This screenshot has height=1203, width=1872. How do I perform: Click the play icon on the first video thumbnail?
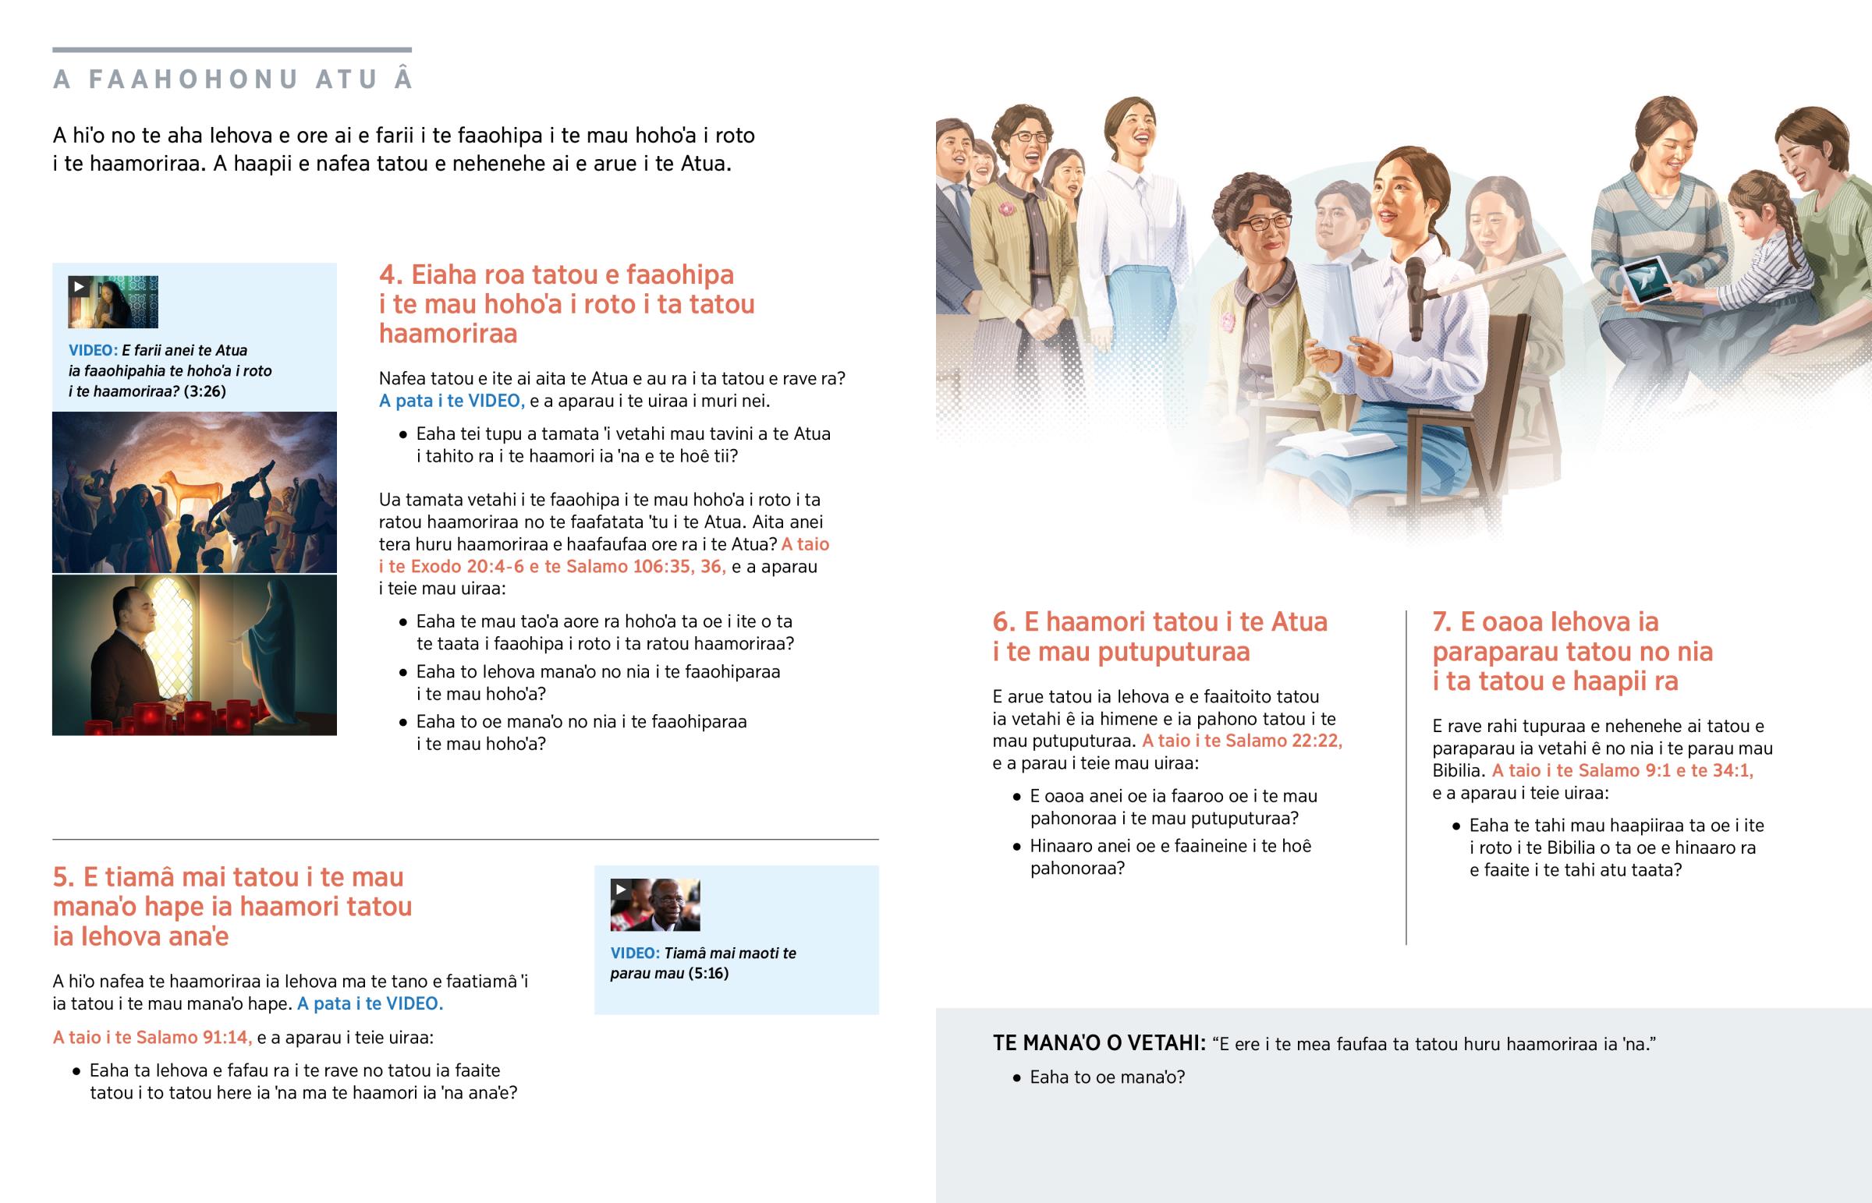pos(78,286)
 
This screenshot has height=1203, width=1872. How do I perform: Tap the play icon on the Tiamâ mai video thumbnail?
pos(620,889)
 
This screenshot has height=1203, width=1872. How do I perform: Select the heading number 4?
pos(390,275)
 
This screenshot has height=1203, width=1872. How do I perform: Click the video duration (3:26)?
pos(204,391)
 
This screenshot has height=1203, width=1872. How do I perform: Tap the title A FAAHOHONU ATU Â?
pos(232,79)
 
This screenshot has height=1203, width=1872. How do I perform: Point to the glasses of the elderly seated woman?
pos(1259,224)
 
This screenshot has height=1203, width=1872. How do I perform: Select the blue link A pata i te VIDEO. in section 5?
pos(370,1004)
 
